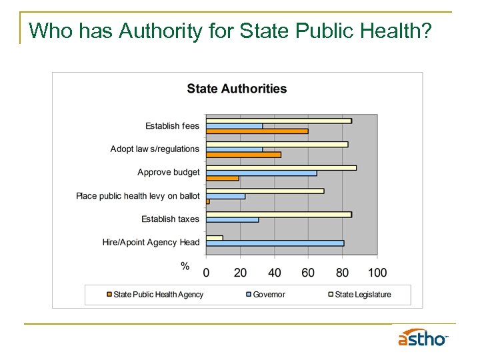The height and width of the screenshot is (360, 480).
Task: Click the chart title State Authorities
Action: coord(237,89)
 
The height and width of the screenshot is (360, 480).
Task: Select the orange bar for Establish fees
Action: coord(257,131)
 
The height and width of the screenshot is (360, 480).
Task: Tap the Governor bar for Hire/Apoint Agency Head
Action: coord(275,243)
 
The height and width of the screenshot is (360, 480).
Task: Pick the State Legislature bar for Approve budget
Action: coord(281,167)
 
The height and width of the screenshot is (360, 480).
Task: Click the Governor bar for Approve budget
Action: coord(261,173)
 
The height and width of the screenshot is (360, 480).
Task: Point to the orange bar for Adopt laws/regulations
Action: coord(243,155)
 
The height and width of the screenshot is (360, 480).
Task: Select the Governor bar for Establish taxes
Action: coord(232,219)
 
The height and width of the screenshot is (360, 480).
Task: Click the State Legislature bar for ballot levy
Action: coord(265,191)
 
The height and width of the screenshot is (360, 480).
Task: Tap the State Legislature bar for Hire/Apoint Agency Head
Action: coord(214,237)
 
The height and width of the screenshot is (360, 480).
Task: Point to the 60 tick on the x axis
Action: coord(308,272)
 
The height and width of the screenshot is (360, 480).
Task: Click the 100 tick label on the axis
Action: coord(377,272)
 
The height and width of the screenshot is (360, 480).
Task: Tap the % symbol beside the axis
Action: coord(185,266)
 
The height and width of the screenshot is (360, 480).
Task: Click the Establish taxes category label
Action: coord(170,219)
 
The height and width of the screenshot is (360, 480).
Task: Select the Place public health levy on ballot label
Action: coord(137,196)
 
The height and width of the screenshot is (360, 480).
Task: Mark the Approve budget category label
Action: coord(168,173)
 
